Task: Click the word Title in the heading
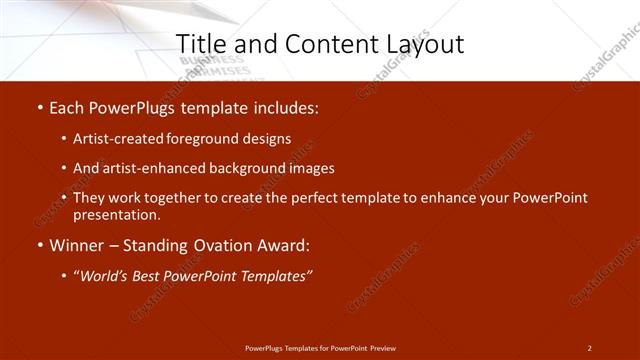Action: point(198,43)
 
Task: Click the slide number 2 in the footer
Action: point(589,348)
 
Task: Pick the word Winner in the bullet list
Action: point(78,245)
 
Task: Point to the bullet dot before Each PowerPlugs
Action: point(39,108)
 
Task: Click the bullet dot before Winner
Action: point(39,245)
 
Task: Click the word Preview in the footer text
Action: point(383,348)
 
